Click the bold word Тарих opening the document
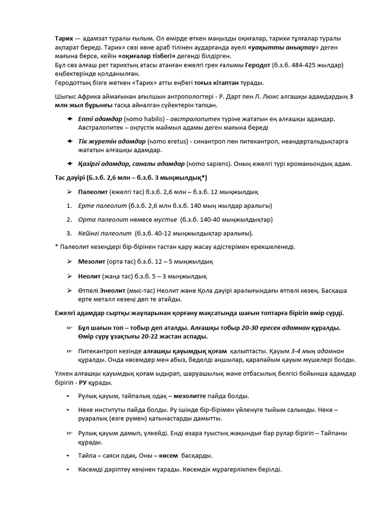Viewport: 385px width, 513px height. (64, 39)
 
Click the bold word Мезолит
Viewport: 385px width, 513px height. (91, 261)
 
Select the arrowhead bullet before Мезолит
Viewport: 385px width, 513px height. (69, 261)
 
